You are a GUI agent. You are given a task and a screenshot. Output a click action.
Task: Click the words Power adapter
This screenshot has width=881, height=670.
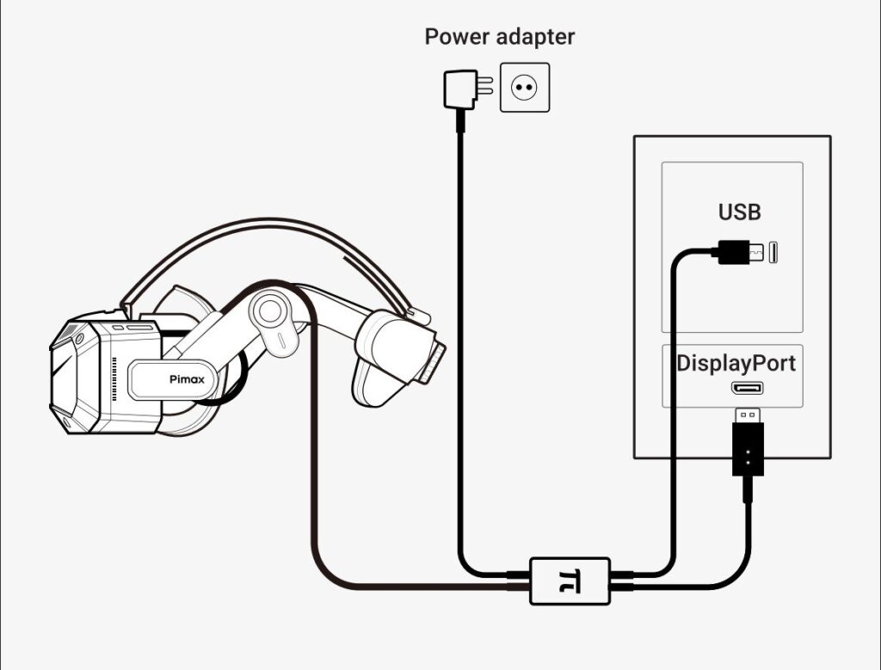click(499, 37)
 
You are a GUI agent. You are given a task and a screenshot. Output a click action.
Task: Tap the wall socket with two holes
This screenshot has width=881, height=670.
click(524, 87)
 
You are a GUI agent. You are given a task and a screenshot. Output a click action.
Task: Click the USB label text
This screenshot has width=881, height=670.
click(739, 212)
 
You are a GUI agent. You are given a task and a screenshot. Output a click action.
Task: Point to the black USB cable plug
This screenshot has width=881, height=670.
click(733, 251)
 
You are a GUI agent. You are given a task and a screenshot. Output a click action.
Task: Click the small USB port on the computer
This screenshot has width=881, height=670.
click(773, 252)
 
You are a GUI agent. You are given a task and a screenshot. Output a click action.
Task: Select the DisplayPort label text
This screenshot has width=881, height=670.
click(736, 362)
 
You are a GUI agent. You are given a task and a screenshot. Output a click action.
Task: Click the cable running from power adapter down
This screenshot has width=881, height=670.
click(459, 344)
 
